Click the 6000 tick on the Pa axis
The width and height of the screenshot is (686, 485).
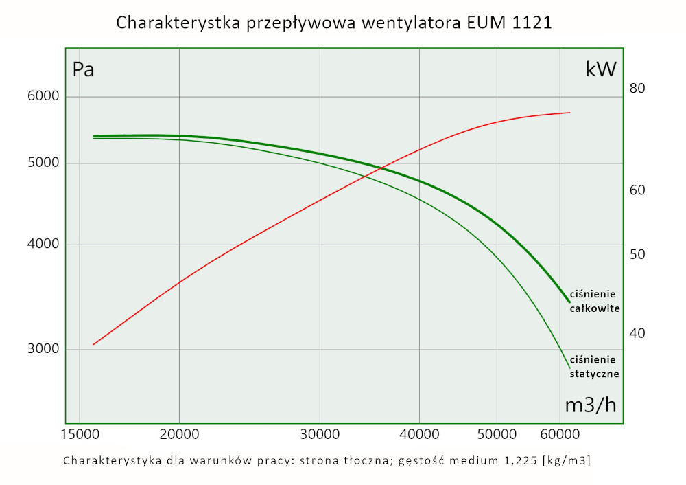pyautogui.click(x=43, y=96)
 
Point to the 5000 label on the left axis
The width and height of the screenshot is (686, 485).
pyautogui.click(x=43, y=163)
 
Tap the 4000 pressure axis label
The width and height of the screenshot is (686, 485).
pyautogui.click(x=43, y=245)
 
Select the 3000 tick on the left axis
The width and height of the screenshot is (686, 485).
pyautogui.click(x=43, y=349)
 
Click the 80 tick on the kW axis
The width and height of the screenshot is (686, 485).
pyautogui.click(x=637, y=88)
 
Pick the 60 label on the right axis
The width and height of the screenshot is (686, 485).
pyautogui.click(x=637, y=190)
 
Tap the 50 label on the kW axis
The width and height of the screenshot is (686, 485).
pyautogui.click(x=637, y=254)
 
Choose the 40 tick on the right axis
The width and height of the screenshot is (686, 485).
pyautogui.click(x=637, y=333)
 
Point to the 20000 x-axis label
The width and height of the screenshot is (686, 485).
pyautogui.click(x=179, y=435)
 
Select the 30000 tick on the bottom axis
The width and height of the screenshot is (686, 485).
pyautogui.click(x=320, y=435)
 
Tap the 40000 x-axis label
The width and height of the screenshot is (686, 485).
pyautogui.click(x=419, y=435)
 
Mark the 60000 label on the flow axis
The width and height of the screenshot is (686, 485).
pyautogui.click(x=560, y=435)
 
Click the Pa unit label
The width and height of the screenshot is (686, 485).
pyautogui.click(x=83, y=69)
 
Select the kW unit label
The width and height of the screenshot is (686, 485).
pyautogui.click(x=601, y=69)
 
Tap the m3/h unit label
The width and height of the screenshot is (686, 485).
pyautogui.click(x=590, y=405)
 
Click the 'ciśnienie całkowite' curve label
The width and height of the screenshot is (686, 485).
pyautogui.click(x=595, y=301)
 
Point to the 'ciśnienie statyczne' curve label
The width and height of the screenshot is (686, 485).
pyautogui.click(x=595, y=367)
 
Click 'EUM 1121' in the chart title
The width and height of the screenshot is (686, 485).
pyautogui.click(x=508, y=23)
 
